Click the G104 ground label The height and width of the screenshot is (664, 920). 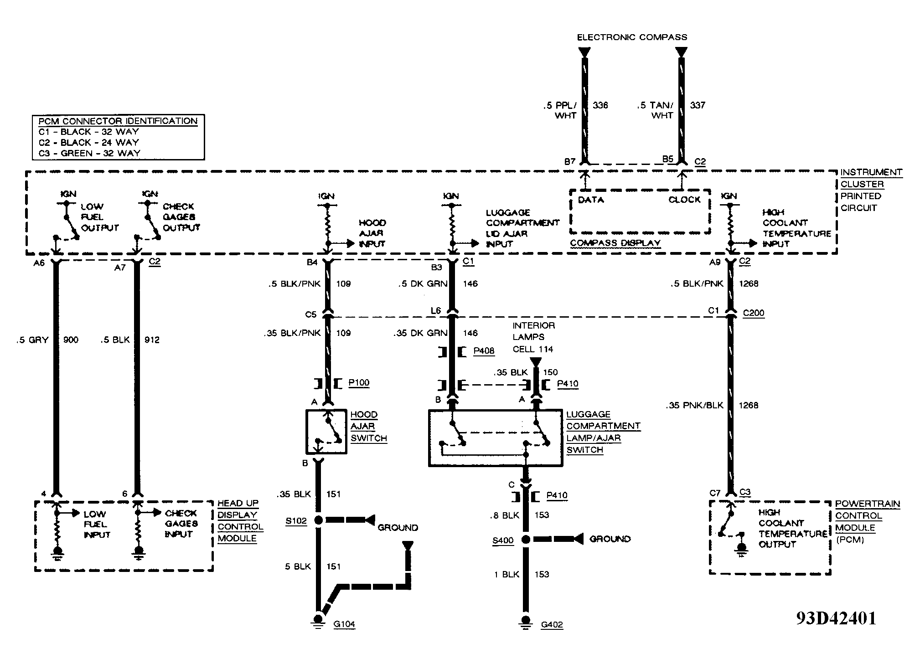point(344,624)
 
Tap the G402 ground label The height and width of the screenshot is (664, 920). point(552,625)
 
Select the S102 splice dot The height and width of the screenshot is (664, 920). point(318,520)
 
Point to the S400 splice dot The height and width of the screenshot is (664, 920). point(526,540)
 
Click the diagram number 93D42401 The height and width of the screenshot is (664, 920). point(836,618)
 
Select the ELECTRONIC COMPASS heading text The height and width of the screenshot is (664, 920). point(632,37)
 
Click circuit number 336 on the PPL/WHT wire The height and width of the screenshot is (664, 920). point(600,105)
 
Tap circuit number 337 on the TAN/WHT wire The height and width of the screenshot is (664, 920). point(698,105)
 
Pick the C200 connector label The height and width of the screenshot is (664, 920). point(754,313)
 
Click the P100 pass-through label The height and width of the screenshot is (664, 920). point(359,383)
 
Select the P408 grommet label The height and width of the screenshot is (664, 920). point(484,351)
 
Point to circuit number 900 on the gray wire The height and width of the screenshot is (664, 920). point(71,340)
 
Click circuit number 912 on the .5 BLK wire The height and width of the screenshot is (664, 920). point(152,340)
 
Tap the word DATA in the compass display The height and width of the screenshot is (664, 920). point(591,200)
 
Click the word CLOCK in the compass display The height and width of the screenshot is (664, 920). point(684,200)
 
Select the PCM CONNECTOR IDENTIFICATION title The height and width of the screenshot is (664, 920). point(118,121)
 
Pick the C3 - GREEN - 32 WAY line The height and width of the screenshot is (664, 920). point(89,154)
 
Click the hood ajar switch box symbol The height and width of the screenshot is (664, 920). point(326,432)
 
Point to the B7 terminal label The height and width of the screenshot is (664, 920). point(570,162)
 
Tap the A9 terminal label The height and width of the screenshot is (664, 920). point(715,262)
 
